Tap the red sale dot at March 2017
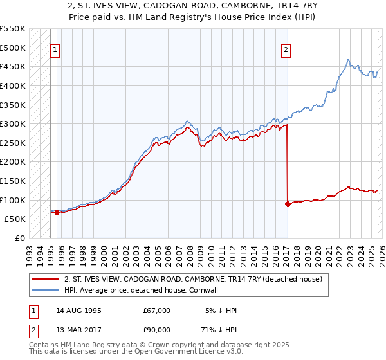point(288,204)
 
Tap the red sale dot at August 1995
point(57,212)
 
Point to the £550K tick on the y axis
point(13,29)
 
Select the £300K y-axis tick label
point(13,123)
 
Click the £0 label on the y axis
point(20,238)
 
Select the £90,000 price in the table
point(157,331)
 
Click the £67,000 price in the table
point(157,310)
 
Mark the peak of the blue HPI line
point(348,60)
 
